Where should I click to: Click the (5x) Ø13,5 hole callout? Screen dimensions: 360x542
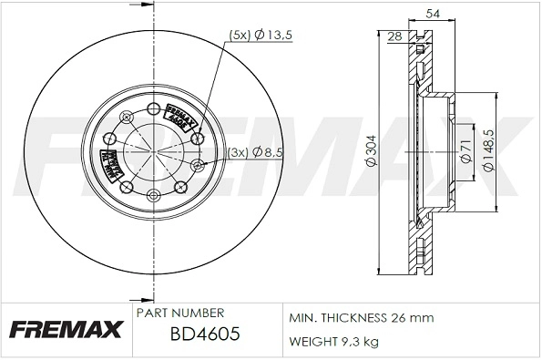(x=262, y=35)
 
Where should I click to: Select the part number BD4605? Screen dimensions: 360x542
(x=205, y=334)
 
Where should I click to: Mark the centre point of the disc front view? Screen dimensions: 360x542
(x=150, y=151)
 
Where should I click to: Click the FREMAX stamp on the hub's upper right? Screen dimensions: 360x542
(x=180, y=118)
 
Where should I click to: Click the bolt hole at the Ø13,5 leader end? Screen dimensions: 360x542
(x=199, y=139)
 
